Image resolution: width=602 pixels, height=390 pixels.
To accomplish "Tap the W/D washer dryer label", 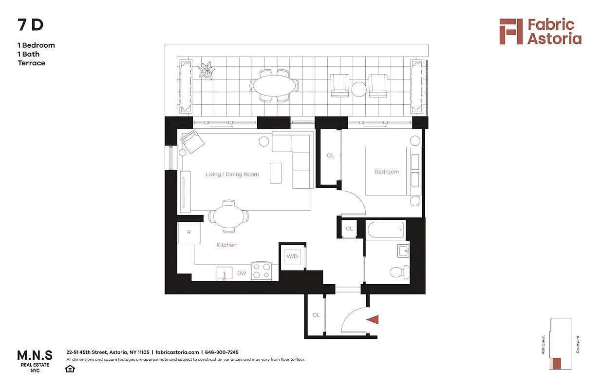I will tap(292, 256).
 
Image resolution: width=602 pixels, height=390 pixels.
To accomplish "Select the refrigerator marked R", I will tap(188, 233).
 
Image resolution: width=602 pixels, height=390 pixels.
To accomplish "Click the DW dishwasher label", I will tap(242, 273).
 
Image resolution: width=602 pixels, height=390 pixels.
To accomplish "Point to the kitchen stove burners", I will tap(261, 271).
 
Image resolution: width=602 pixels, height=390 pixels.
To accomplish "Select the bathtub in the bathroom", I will tap(385, 229).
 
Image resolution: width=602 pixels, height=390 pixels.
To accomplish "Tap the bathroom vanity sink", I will tap(404, 251).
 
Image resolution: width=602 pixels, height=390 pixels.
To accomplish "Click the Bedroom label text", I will tap(387, 172).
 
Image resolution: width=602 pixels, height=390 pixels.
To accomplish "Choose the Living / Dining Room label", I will tap(232, 174).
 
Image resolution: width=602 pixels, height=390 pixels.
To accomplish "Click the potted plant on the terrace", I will tap(207, 71).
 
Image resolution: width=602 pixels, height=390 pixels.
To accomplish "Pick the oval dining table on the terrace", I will tap(275, 86).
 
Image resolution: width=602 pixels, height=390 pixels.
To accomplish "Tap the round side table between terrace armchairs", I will tap(359, 89).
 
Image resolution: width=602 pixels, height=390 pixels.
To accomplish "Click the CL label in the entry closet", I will tap(316, 315).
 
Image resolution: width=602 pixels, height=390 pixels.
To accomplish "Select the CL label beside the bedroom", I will tap(330, 156).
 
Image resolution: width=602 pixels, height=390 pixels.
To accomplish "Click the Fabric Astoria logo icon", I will tap(510, 32).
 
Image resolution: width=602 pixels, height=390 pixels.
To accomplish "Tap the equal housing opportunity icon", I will tap(70, 369).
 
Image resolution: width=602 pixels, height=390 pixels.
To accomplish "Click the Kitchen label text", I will tap(226, 245).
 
